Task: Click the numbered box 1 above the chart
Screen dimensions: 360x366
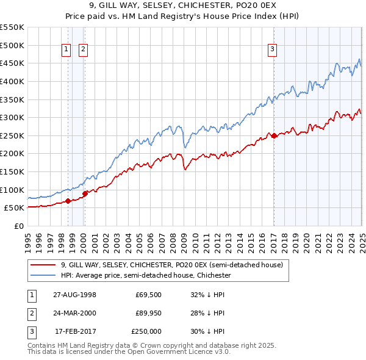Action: click(x=65, y=51)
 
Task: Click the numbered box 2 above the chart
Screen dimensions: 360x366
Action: click(x=83, y=51)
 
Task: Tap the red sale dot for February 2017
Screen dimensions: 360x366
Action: click(x=274, y=135)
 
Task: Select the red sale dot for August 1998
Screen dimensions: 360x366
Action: click(x=68, y=201)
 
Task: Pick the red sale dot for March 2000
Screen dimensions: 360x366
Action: click(x=85, y=193)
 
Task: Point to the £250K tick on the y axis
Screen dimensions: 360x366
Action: click(x=13, y=135)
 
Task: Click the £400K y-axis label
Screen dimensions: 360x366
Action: click(x=13, y=81)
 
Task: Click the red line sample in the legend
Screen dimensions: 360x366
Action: click(x=43, y=265)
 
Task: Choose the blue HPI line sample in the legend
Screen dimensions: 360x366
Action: click(x=43, y=275)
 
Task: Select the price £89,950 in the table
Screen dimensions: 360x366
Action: click(x=147, y=313)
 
